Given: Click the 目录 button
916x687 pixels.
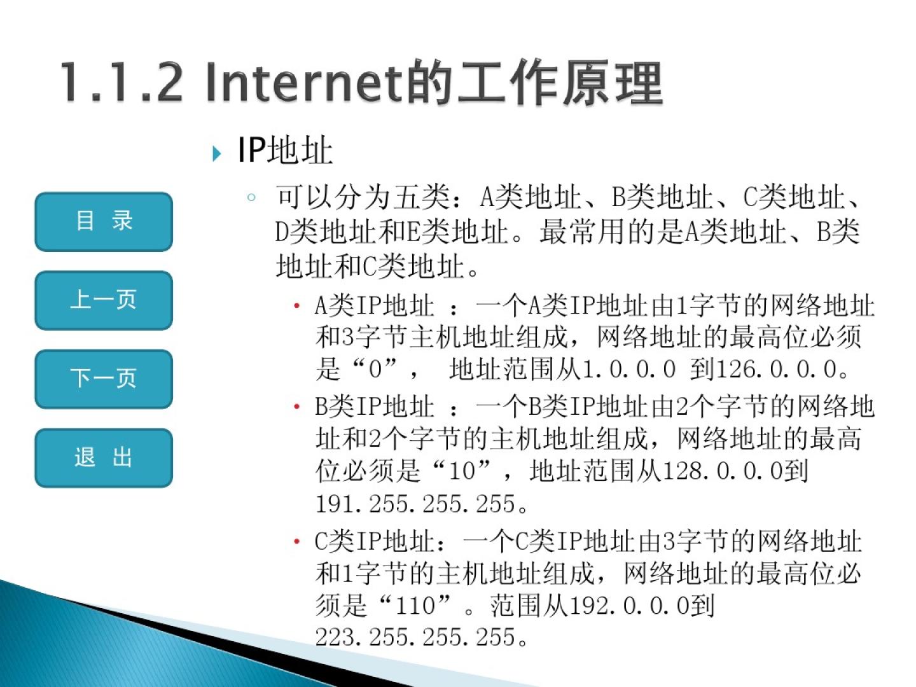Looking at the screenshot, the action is [104, 221].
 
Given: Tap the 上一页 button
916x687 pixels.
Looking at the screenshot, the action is [104, 300].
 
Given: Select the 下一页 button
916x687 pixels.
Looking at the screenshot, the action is [104, 379].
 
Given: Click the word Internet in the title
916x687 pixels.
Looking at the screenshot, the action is [306, 82].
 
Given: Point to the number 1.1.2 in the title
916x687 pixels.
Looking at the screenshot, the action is [121, 82].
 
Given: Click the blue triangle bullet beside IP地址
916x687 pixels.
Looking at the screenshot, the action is [216, 153].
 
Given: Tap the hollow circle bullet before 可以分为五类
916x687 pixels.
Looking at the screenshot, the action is [251, 197].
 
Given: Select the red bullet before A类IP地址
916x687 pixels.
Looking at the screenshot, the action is [296, 306].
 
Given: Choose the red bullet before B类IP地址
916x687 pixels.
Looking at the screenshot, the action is [296, 406].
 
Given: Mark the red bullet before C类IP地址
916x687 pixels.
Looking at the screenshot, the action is [296, 541].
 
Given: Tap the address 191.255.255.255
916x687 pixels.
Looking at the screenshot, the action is [415, 504].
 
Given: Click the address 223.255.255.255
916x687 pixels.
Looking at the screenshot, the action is [415, 637].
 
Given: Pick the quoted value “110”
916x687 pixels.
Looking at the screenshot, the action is [415, 605].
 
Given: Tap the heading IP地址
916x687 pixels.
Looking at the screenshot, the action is [285, 150].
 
